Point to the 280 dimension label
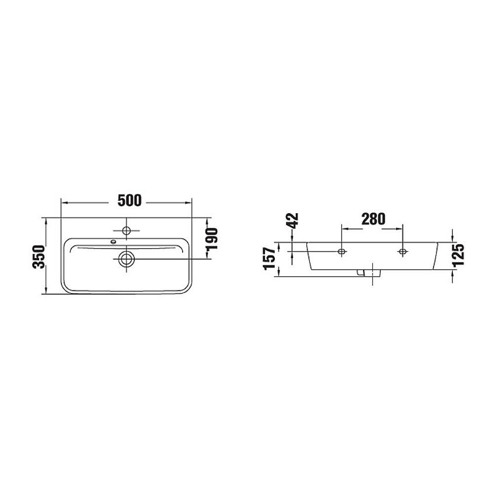click(x=372, y=219)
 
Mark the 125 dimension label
click(x=459, y=255)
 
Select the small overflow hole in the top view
click(x=113, y=241)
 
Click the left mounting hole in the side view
click(x=341, y=252)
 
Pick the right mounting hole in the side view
click(x=402, y=252)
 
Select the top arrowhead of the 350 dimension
click(x=47, y=220)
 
